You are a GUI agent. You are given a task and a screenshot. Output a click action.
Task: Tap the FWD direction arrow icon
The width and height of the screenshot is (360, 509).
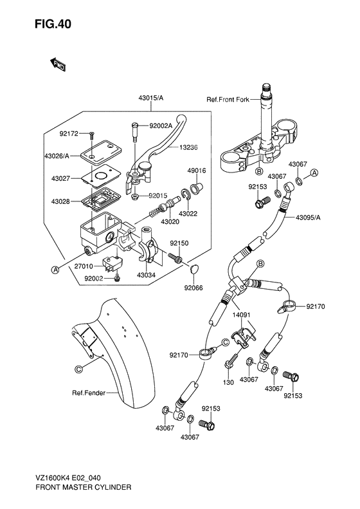coord(57,63)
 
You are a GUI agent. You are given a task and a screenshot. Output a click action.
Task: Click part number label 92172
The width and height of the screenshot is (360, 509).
coord(69,134)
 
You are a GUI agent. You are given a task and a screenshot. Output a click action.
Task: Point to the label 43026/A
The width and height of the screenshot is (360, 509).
coord(59,156)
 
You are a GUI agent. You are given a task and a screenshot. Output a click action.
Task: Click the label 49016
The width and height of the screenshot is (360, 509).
coord(196,171)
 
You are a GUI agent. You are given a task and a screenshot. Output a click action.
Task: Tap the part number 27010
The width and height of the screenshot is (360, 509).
coord(67,265)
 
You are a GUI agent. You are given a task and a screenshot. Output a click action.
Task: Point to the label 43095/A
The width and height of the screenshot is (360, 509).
coord(309,217)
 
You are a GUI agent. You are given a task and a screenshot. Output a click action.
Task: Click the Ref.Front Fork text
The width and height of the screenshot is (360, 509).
coord(228,99)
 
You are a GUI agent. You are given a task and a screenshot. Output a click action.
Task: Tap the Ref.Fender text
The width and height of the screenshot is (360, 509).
coord(88,393)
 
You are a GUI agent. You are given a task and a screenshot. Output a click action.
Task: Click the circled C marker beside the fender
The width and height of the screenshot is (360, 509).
coord(78,369)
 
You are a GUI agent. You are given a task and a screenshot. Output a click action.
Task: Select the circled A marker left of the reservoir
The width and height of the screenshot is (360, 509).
coord(55,270)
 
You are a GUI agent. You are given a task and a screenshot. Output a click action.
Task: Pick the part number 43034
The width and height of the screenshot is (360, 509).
coord(146,275)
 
